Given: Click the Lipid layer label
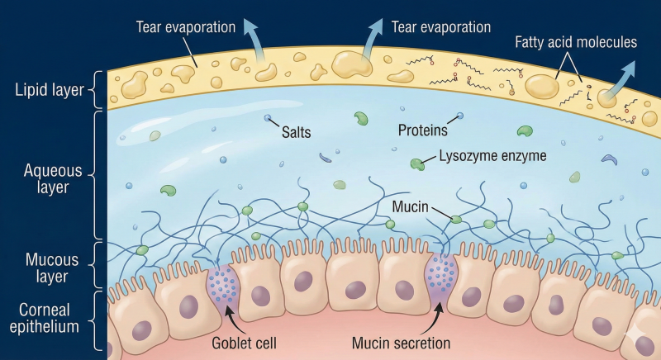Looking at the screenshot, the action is [x=50, y=90].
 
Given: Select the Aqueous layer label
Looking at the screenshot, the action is [x=53, y=178].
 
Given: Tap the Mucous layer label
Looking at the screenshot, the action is [x=52, y=268].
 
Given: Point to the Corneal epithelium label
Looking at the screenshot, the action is [x=45, y=319].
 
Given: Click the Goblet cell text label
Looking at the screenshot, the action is [x=244, y=343].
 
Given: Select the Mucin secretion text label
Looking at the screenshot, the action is [x=401, y=343].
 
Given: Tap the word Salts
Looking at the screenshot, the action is [x=297, y=132].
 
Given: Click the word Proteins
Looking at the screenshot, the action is [x=423, y=130].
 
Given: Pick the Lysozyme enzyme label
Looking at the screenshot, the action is [x=492, y=156].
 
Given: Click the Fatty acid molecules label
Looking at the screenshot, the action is [x=576, y=42].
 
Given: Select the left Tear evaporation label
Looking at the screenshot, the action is [x=185, y=27].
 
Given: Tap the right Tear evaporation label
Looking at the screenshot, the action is [x=441, y=27].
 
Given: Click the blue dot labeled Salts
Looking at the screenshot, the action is [x=267, y=118].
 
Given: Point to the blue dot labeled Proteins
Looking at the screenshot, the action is [x=460, y=116].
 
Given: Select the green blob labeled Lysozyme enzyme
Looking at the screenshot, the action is [x=417, y=163].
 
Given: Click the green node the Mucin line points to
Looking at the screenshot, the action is [x=456, y=220].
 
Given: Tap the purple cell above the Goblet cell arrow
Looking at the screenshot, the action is [x=223, y=287].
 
